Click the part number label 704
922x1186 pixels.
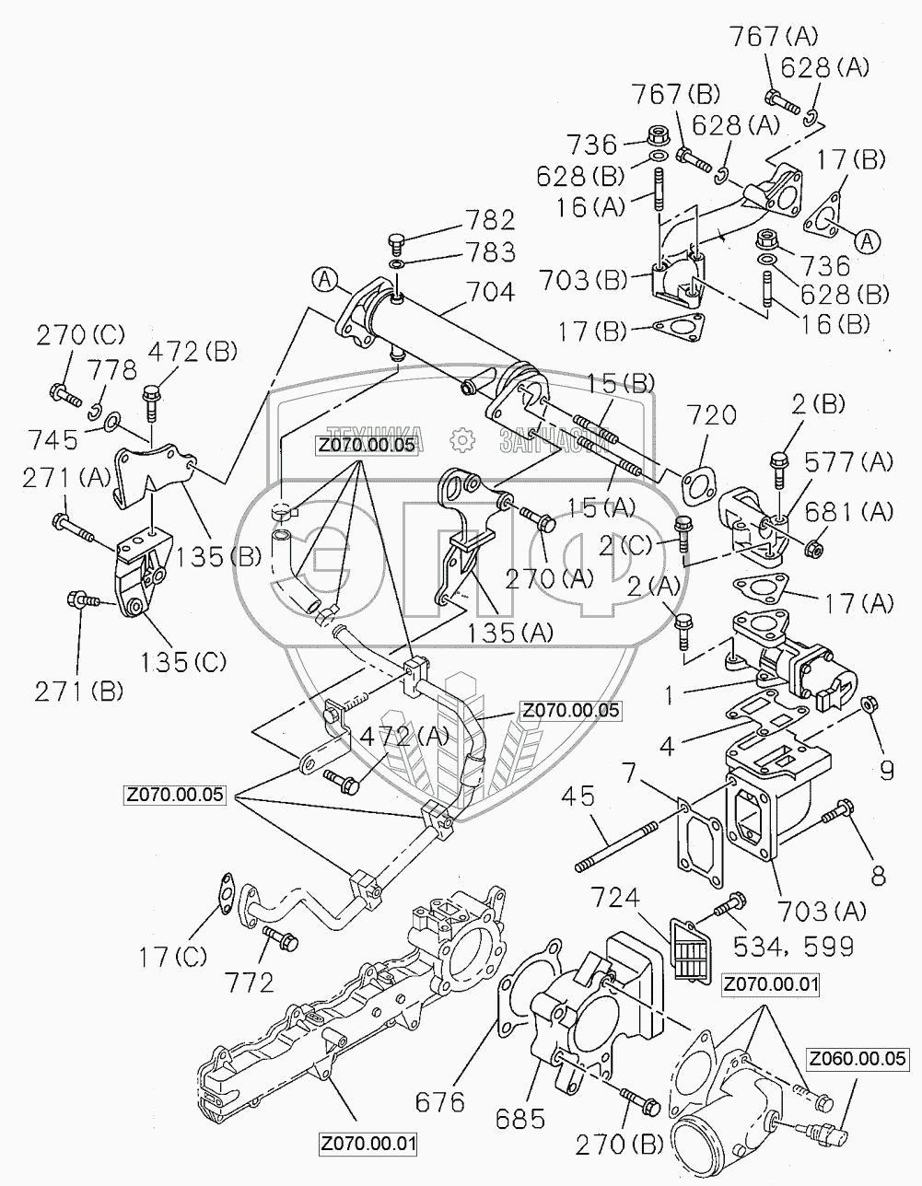point(490,292)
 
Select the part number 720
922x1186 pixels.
point(710,415)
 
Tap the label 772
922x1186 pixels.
point(253,983)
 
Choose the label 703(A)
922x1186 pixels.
point(823,912)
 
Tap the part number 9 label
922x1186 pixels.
point(885,770)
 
